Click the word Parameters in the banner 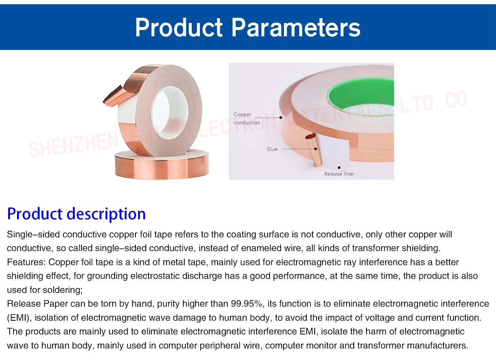click(x=296, y=27)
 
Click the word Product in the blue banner click(x=179, y=27)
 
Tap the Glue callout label click(x=272, y=149)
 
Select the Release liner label click(x=339, y=174)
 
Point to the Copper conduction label click(x=247, y=119)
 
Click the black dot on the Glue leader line click(x=315, y=149)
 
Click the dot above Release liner click(x=339, y=167)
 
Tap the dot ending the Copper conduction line click(x=281, y=117)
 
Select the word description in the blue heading click(x=106, y=214)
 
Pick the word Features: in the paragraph click(x=26, y=262)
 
